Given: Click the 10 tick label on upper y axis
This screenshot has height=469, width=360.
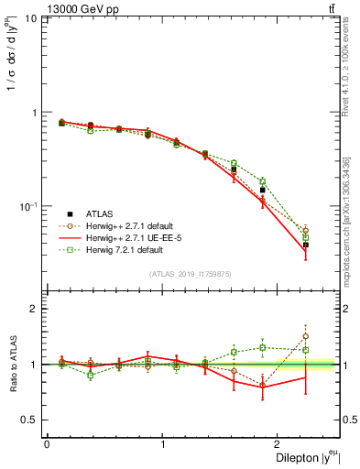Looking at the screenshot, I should point(31,19).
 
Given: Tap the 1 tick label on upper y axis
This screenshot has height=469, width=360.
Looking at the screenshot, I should point(35,113).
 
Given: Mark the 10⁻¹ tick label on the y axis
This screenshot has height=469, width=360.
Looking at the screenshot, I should point(29,206).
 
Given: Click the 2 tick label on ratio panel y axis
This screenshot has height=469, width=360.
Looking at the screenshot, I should point(35,309).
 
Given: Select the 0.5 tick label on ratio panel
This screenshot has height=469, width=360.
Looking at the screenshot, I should point(30,420).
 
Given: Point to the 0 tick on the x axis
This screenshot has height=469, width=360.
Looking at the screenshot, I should point(47,443).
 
